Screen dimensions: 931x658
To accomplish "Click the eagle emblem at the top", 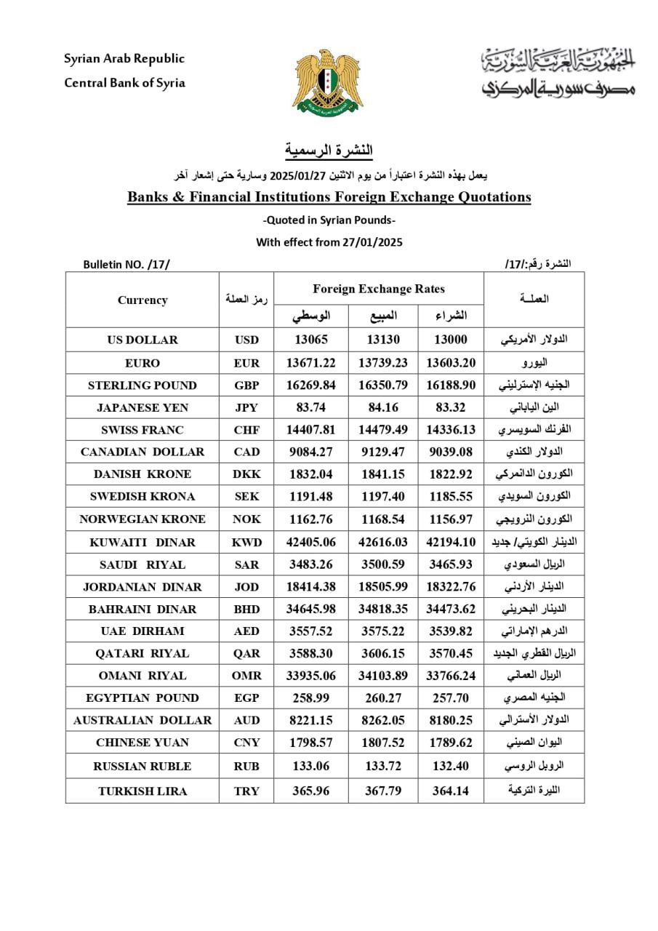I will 328,81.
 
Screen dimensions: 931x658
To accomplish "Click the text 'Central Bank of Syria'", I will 125,83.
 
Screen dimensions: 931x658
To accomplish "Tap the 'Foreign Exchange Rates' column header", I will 379,289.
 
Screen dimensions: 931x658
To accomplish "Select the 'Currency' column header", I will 143,300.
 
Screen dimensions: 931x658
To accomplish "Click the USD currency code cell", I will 246,340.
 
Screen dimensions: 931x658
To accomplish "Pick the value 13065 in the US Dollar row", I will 311,340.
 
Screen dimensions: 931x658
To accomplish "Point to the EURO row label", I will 143,363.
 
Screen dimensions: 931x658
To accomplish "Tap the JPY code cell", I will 246,407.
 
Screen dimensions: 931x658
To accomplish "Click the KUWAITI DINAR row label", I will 143,542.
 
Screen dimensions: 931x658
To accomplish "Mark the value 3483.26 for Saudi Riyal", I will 311,564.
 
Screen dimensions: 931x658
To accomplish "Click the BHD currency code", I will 246,609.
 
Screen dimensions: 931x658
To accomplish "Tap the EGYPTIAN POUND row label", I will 143,698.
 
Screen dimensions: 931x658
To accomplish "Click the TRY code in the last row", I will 246,791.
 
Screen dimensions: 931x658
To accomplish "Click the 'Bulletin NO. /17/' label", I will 126,264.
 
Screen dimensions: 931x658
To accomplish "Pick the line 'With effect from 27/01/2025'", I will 329,242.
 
